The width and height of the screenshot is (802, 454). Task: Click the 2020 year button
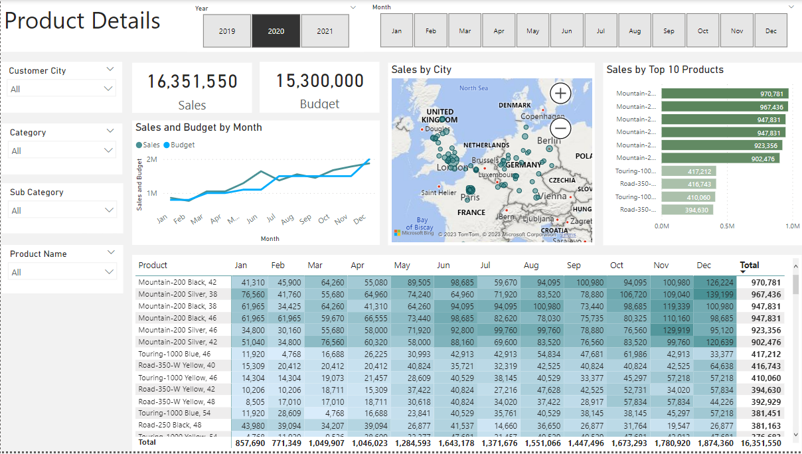click(276, 31)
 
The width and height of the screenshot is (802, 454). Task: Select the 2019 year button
click(227, 31)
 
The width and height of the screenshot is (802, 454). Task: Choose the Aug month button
click(635, 31)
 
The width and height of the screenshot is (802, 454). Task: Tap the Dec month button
click(771, 31)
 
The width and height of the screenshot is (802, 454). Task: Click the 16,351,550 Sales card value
click(192, 82)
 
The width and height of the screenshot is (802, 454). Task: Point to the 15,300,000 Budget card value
click(319, 81)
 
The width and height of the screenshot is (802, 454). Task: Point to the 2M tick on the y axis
click(151, 160)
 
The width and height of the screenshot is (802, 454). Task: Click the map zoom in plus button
click(561, 93)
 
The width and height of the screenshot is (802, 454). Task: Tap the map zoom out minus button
click(561, 127)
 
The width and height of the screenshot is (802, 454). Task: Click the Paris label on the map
click(470, 197)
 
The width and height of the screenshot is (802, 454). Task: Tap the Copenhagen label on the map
click(542, 116)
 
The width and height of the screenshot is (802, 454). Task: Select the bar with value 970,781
click(724, 94)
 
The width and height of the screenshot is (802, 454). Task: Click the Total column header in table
click(750, 265)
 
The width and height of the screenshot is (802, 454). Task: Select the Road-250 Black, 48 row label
click(170, 425)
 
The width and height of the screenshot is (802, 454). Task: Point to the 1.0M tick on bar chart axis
click(792, 226)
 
